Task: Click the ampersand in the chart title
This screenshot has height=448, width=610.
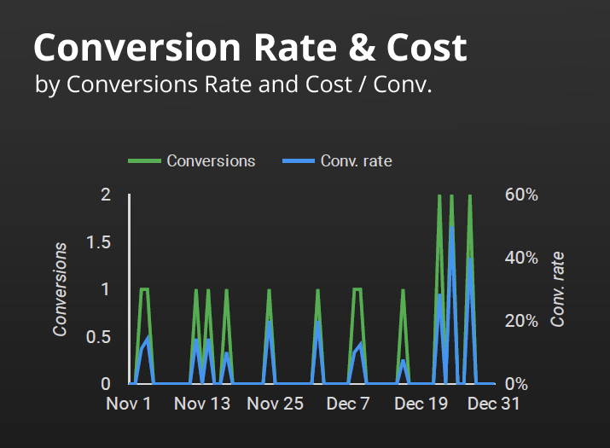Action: click(x=357, y=48)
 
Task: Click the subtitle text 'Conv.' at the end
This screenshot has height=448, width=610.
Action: click(x=408, y=85)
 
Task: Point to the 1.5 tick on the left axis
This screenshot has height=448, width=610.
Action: click(x=100, y=241)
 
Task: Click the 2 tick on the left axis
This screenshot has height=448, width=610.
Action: click(x=106, y=195)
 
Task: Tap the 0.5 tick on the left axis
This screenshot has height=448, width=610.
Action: click(x=100, y=336)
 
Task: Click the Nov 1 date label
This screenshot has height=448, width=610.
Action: click(x=129, y=404)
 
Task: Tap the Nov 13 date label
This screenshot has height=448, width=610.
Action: click(x=202, y=404)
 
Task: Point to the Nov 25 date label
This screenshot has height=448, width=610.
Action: click(x=275, y=404)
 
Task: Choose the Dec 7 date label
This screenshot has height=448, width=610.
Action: click(x=348, y=404)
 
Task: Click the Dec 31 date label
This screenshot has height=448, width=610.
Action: click(x=494, y=404)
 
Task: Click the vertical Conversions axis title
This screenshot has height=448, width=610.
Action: click(x=61, y=289)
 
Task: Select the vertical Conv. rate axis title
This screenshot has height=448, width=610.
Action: click(x=558, y=289)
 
